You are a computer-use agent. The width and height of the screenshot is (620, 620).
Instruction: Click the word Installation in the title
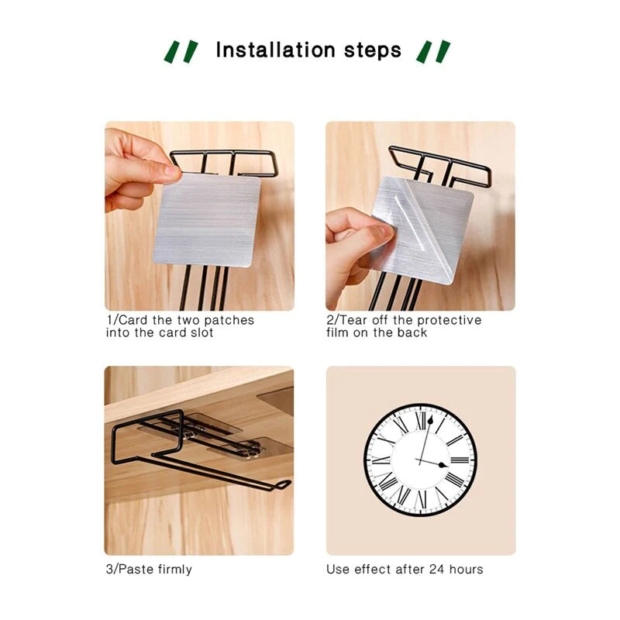point(275,50)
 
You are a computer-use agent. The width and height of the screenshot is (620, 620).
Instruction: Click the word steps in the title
point(373,51)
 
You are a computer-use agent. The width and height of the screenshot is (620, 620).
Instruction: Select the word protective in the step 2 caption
point(449,320)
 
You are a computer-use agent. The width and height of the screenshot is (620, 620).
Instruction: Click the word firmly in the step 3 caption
point(175,570)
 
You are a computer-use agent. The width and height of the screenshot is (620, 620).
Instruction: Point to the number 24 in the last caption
point(437,570)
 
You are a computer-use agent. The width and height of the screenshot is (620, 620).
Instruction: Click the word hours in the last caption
point(467,570)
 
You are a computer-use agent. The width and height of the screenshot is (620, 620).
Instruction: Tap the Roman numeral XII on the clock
point(422,421)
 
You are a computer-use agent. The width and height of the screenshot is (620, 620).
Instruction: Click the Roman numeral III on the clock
point(460,460)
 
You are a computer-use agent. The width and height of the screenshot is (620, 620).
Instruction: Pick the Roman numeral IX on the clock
point(381,460)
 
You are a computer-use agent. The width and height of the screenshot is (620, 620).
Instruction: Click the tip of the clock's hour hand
point(447,466)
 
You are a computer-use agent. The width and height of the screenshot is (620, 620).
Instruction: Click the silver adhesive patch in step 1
point(207,220)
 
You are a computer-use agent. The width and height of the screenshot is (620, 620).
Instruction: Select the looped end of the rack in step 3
point(282,484)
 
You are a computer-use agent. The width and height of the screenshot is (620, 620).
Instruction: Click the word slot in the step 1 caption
point(201,332)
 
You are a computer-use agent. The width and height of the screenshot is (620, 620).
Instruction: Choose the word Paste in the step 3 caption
point(136,570)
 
